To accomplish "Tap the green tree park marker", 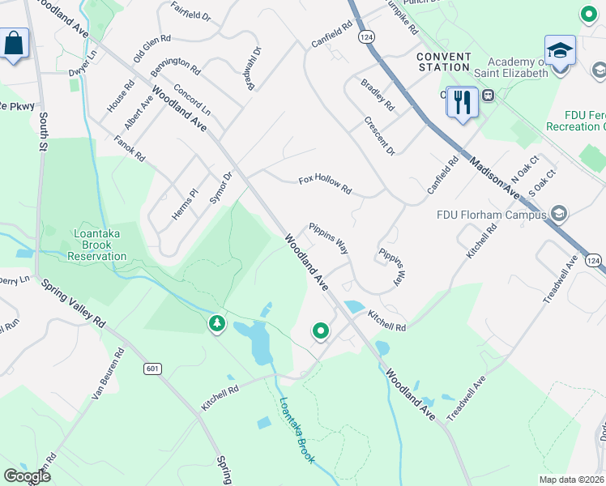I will coord(216,324).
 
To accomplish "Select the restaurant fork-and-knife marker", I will coord(462,102).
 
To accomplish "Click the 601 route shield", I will coord(151,369).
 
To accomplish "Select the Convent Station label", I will coord(444,62).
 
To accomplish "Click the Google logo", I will coord(27,475).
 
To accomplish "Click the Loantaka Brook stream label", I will coord(297,429).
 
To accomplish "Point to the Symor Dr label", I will coord(221,185).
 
